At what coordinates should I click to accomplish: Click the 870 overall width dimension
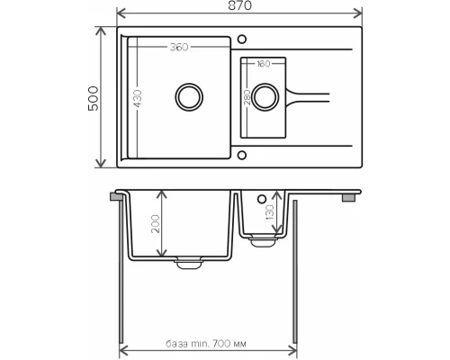point(239,6)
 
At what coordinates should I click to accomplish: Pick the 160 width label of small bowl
point(263,65)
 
